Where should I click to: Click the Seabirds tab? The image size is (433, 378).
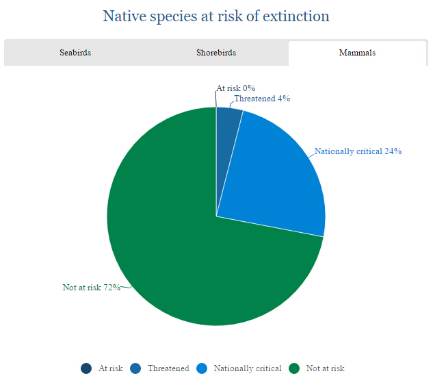click(x=75, y=53)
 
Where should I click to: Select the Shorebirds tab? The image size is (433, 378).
click(x=216, y=53)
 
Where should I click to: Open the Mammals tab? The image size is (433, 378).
click(x=357, y=53)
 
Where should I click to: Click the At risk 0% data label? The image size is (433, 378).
click(x=235, y=88)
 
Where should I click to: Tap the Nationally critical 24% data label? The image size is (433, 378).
click(x=357, y=151)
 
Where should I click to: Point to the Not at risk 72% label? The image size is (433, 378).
click(x=92, y=288)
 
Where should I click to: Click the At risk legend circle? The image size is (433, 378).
click(x=86, y=368)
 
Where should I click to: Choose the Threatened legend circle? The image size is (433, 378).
click(x=135, y=368)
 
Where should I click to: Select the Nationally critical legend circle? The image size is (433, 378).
click(x=202, y=368)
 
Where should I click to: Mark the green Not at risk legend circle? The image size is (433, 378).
click(x=294, y=368)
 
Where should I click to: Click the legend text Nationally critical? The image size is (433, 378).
click(x=247, y=368)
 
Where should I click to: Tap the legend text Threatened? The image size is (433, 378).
click(x=168, y=368)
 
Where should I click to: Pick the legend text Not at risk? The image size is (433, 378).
click(x=326, y=368)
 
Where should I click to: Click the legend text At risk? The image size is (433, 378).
click(x=110, y=368)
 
